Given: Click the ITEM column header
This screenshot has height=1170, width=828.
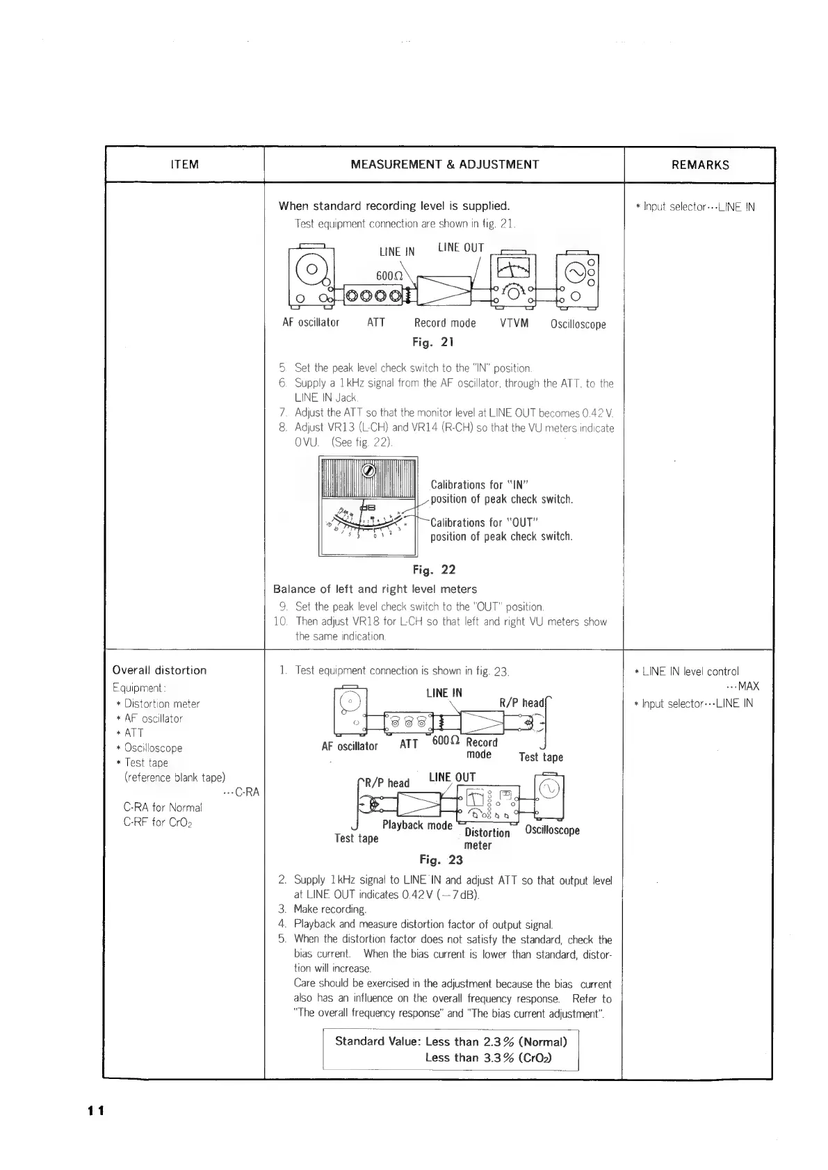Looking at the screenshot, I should coord(184,165).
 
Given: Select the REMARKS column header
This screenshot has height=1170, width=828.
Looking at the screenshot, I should coord(700,165).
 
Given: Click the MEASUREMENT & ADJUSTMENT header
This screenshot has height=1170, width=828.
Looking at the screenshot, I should coord(444,165).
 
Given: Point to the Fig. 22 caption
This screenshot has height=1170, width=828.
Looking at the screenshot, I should coord(434,570).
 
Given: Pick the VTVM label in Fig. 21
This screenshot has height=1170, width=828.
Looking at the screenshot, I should coord(514,323).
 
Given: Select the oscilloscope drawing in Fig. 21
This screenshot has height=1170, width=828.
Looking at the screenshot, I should coord(578,278).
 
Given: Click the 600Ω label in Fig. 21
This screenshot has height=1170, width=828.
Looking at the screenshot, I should coord(387,276).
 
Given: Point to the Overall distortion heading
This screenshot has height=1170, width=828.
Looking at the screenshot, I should coord(159,670).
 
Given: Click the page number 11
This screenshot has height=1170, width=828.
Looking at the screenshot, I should coord(95,1110).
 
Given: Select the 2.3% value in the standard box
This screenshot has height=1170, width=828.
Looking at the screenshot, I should coord(498,1041).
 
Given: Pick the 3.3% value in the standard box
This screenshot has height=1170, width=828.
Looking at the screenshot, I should coord(498,1058).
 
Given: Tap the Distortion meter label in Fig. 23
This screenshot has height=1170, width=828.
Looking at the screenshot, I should coord(487,838).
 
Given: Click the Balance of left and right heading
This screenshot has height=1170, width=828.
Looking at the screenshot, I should coord(375,590).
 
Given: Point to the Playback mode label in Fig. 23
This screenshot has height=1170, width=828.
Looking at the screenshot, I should coord(417,825).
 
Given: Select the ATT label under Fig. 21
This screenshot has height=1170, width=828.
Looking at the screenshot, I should coord(375,323).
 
